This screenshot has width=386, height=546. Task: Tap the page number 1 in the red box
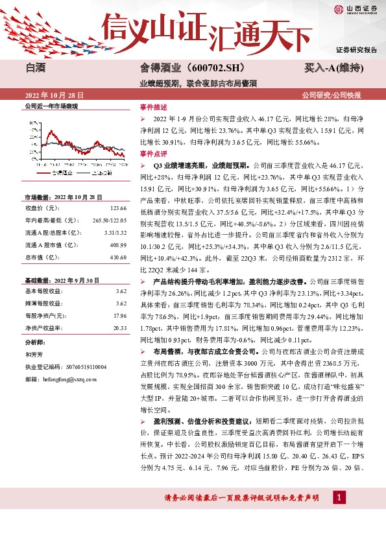click(x=337, y=497)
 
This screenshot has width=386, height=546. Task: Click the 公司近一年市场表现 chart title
click(x=51, y=106)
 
